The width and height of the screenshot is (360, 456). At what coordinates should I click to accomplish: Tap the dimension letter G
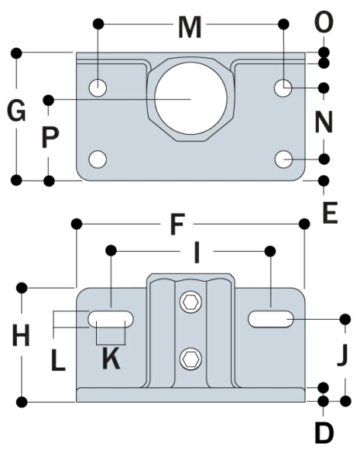(x=15, y=111)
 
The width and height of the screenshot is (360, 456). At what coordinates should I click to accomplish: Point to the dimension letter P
(x=50, y=139)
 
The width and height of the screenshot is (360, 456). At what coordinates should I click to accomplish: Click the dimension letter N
(x=324, y=122)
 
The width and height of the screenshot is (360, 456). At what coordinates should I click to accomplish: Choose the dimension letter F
(x=177, y=225)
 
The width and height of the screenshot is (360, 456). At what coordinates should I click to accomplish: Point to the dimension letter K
(x=111, y=358)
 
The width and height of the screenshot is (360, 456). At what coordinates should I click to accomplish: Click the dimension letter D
(x=324, y=433)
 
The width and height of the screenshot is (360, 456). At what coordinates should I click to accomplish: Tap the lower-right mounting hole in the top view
(x=284, y=159)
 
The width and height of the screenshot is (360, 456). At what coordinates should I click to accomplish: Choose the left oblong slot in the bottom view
(x=111, y=318)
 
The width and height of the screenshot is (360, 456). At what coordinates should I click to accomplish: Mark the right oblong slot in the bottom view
(x=270, y=318)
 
